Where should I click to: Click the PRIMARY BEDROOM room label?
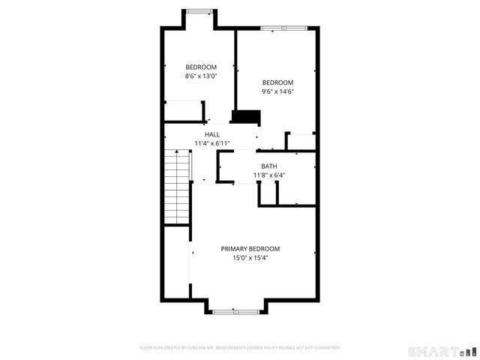(250, 249)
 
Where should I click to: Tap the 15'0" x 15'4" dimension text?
(250, 258)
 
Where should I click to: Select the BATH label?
(268, 166)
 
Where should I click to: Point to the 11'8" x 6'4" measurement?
(268, 175)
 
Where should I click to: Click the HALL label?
(212, 134)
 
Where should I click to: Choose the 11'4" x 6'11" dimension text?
(212, 143)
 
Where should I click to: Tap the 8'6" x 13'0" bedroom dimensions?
(201, 76)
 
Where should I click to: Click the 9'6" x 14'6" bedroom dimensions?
(277, 91)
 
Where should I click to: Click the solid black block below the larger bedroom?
(245, 116)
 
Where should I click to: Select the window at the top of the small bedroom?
(199, 10)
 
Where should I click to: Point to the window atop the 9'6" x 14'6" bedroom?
(283, 28)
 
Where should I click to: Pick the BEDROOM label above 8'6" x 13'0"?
(201, 67)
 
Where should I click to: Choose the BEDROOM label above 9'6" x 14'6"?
(277, 82)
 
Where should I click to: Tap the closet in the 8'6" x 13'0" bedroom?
(184, 112)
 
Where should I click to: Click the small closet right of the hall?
(301, 142)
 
